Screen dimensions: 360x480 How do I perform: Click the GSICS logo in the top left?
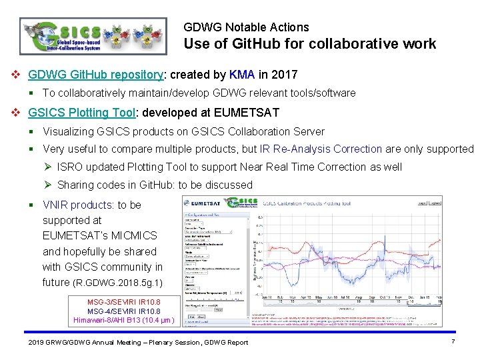(94, 35)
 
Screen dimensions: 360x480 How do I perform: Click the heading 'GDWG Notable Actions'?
(246, 27)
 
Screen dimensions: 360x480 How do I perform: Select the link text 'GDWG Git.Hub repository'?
(96, 74)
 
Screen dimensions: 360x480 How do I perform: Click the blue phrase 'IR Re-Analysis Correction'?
(321, 149)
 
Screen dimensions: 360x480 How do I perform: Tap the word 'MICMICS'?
(134, 235)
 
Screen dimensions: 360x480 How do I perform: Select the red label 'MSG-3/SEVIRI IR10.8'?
(124, 302)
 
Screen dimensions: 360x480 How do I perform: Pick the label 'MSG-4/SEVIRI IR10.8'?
(124, 311)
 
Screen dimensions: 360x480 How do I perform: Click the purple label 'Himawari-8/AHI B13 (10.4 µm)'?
(124, 321)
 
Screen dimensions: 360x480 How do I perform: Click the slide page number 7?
(453, 341)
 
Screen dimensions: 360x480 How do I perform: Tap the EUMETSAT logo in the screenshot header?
(204, 203)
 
